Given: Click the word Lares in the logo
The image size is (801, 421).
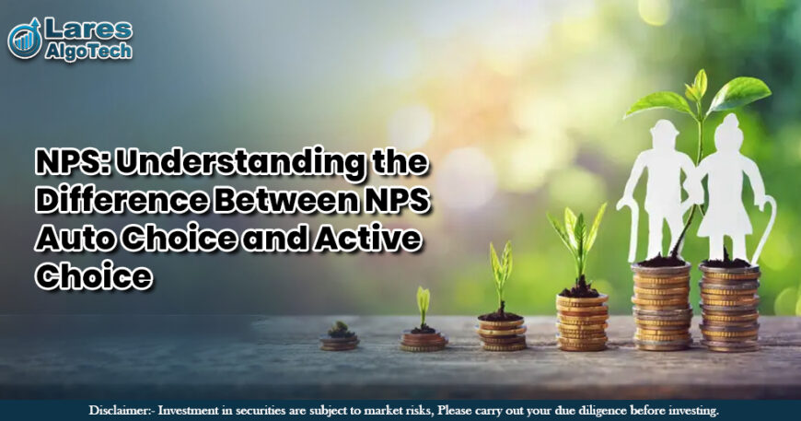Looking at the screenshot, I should pyautogui.click(x=89, y=29).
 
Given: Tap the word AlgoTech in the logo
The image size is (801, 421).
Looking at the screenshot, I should pyautogui.click(x=88, y=51).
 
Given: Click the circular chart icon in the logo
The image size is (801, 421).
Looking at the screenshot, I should pyautogui.click(x=25, y=39).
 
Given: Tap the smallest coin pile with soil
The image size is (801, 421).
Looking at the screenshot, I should pyautogui.click(x=340, y=339).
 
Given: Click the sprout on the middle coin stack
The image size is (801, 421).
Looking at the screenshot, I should pyautogui.click(x=501, y=272).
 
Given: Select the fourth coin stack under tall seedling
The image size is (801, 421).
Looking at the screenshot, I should pyautogui.click(x=582, y=322).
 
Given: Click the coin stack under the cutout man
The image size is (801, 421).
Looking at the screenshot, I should pyautogui.click(x=662, y=306).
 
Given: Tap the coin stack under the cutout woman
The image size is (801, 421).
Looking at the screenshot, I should pyautogui.click(x=729, y=308).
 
